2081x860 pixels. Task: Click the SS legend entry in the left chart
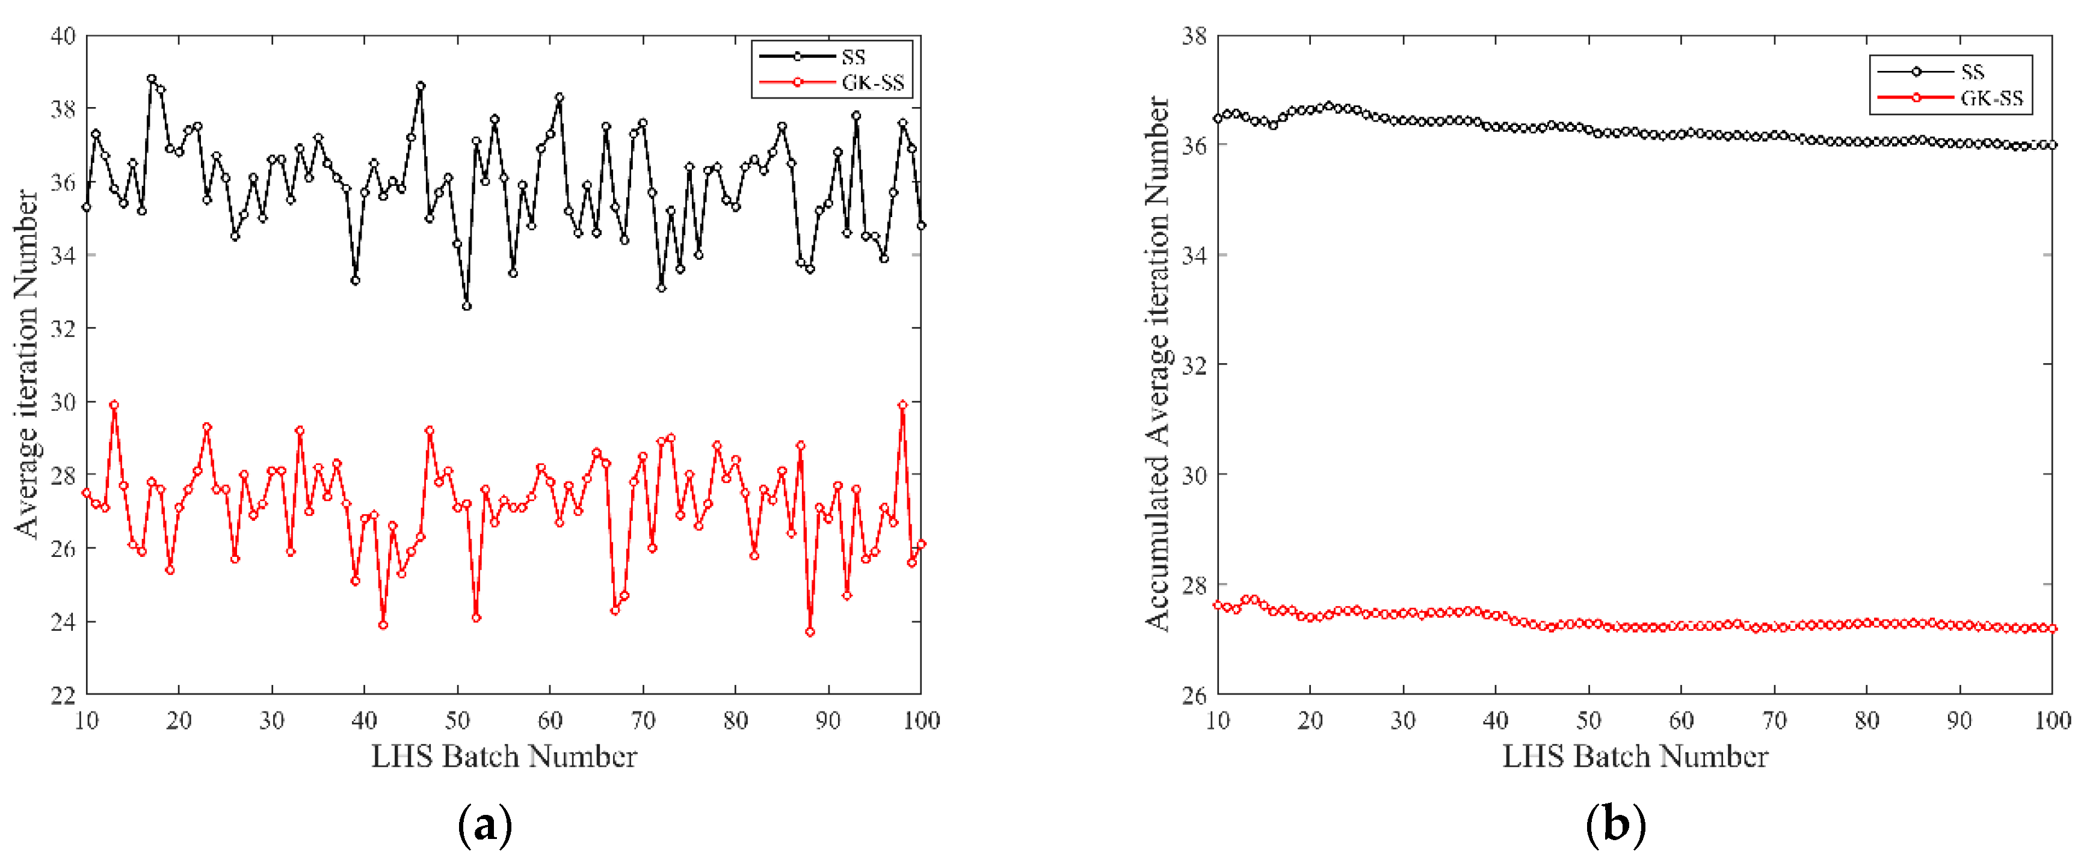click(852, 57)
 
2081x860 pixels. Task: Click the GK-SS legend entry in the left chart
click(872, 82)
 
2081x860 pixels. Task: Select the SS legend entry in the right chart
click(1972, 72)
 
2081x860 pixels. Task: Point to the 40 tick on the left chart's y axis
click(63, 35)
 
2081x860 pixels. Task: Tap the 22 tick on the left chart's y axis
click(63, 695)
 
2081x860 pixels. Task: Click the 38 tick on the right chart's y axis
click(1194, 35)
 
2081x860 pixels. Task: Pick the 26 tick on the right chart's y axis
click(1194, 695)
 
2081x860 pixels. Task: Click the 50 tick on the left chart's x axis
click(457, 720)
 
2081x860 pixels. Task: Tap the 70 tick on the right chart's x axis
click(1774, 720)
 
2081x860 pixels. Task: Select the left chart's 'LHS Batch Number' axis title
click(504, 757)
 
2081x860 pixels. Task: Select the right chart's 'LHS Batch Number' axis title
click(1635, 757)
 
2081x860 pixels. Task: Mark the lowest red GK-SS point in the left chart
click(810, 632)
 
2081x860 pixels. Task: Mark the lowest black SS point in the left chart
click(467, 306)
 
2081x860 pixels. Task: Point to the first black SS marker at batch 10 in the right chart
click(1218, 118)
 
